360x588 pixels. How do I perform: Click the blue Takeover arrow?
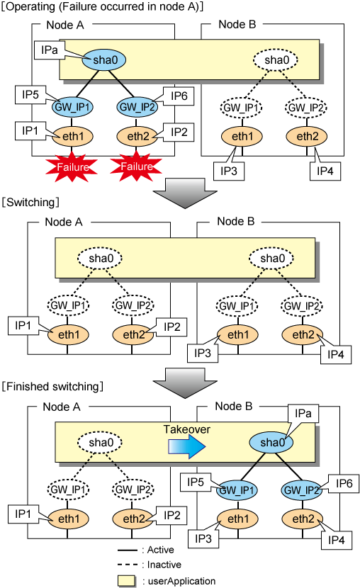(x=187, y=446)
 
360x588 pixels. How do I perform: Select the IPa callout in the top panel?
(x=50, y=50)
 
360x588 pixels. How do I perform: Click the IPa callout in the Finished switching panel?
(x=303, y=414)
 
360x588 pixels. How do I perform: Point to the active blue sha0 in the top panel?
(x=104, y=60)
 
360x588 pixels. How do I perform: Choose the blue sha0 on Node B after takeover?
(x=271, y=443)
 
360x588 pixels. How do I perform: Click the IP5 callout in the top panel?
(x=30, y=95)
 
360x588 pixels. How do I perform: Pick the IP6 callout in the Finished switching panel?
(x=344, y=483)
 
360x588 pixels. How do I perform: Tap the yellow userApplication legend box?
(x=126, y=581)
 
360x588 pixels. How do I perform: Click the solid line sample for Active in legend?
(x=128, y=550)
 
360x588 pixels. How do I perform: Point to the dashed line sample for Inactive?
(x=128, y=565)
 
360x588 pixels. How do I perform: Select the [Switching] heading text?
(x=30, y=203)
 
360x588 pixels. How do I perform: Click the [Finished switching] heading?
(x=52, y=387)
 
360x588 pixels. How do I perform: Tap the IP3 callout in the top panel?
(x=229, y=171)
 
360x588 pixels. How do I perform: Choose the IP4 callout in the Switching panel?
(x=336, y=354)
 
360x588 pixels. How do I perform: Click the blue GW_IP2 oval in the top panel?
(x=137, y=107)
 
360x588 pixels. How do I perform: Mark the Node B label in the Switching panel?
(x=235, y=222)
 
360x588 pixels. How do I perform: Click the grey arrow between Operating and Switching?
(x=185, y=193)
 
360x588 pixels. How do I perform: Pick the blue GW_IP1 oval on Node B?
(x=237, y=490)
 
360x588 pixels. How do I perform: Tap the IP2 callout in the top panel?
(x=179, y=132)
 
